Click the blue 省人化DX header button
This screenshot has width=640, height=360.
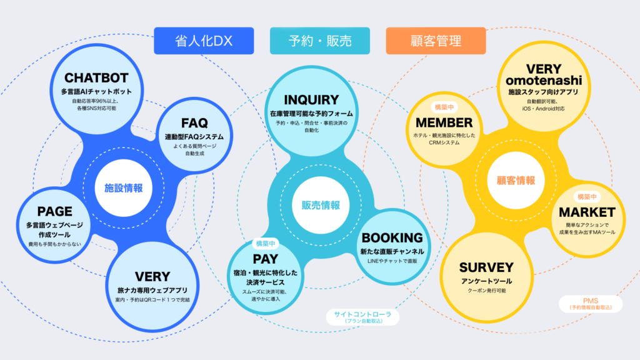coord(204,41)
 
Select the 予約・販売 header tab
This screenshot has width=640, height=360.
coord(319,41)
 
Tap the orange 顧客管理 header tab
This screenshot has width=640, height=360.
coord(436,41)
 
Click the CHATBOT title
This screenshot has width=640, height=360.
coord(96,78)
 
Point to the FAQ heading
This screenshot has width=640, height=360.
coord(194,122)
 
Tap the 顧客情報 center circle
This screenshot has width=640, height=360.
coord(516,181)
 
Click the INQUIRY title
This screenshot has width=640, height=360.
coord(311,100)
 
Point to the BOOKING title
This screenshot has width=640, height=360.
coord(392,238)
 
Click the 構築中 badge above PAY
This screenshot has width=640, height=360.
coord(266,243)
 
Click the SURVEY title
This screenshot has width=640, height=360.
coord(486,267)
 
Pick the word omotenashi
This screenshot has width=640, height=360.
coord(543,81)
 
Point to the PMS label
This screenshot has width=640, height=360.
coord(590,300)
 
